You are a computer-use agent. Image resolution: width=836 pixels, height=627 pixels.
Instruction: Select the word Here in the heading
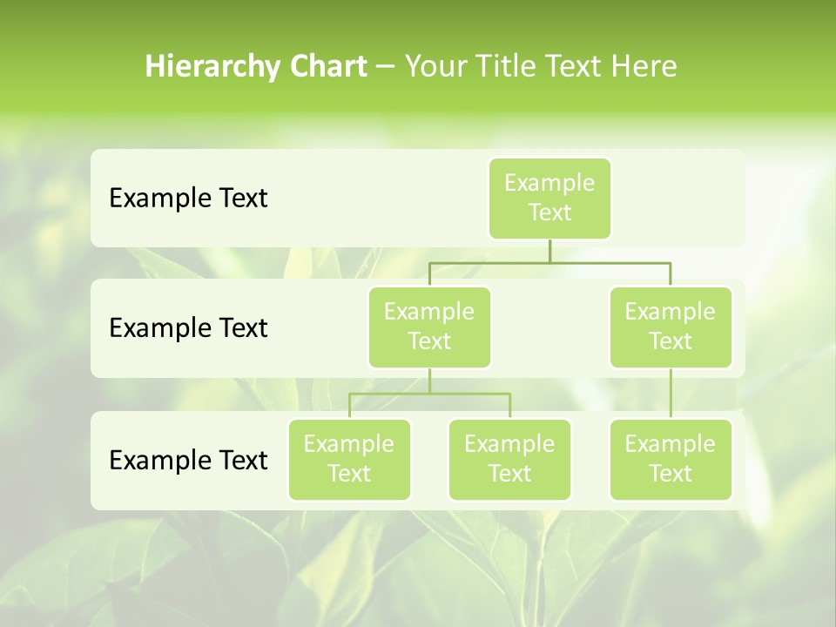tap(644, 67)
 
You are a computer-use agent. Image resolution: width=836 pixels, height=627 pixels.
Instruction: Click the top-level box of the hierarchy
tap(549, 199)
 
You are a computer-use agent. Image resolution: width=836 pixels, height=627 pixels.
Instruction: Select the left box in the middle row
tap(429, 327)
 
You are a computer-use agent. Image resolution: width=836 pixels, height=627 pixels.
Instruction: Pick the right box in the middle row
tap(671, 327)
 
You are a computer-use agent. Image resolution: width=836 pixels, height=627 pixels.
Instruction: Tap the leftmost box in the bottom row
tap(349, 460)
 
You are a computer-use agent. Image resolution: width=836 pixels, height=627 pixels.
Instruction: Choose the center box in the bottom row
tap(509, 460)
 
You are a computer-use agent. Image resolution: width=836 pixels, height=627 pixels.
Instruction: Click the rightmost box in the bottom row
tap(671, 460)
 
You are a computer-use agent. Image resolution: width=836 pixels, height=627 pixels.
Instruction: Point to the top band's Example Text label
tap(188, 199)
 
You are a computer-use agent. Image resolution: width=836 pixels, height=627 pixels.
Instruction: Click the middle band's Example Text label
tap(188, 328)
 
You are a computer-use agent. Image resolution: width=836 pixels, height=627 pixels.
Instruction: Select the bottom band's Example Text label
tap(188, 460)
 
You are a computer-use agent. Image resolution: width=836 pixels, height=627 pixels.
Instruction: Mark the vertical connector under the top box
tap(549, 251)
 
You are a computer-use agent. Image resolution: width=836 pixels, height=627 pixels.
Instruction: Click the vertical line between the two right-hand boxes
tap(671, 394)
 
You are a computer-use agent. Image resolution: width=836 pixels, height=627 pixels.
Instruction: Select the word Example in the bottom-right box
tap(671, 445)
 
